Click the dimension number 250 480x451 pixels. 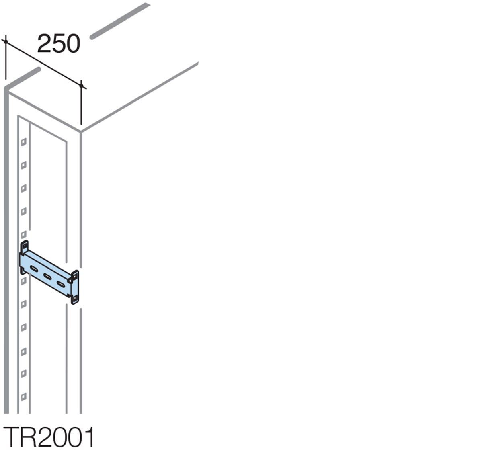tap(59, 44)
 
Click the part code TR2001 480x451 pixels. tap(49, 437)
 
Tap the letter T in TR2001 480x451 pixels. tap(12, 437)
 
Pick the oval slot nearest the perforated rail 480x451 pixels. tap(34, 268)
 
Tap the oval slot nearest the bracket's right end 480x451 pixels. tap(61, 284)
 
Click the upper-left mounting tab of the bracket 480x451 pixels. tap(25, 246)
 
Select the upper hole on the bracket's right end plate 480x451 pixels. tap(75, 277)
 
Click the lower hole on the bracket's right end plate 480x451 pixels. tap(75, 298)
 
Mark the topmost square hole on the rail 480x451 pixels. tap(24, 141)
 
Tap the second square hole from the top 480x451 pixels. tap(24, 164)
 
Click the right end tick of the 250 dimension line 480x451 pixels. tap(82, 86)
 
